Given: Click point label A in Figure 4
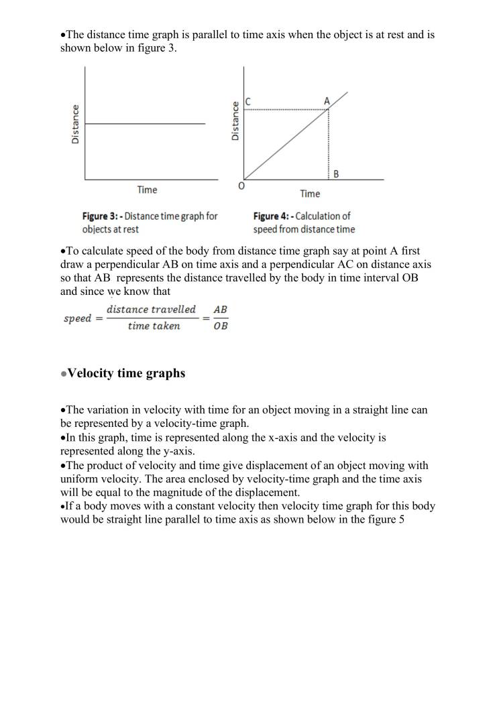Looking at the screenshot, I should [x=327, y=101].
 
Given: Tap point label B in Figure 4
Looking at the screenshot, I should [x=336, y=174].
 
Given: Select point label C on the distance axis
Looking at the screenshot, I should [x=248, y=101].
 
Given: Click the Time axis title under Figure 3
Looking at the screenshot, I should [x=147, y=190].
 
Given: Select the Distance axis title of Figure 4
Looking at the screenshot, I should [x=235, y=121].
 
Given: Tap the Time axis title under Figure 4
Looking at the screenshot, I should [x=310, y=194].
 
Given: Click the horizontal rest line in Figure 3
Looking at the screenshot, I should [x=145, y=123].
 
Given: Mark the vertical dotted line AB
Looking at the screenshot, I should [x=329, y=144].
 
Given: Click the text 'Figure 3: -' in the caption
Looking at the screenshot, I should [x=102, y=216].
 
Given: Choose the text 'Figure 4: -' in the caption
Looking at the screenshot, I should [x=273, y=216].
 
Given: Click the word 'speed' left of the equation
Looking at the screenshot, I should [x=77, y=318].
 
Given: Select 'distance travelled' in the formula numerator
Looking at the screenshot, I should [x=151, y=310].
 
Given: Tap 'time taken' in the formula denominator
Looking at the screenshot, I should [x=154, y=326].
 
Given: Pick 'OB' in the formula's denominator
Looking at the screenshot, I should [x=220, y=326].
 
